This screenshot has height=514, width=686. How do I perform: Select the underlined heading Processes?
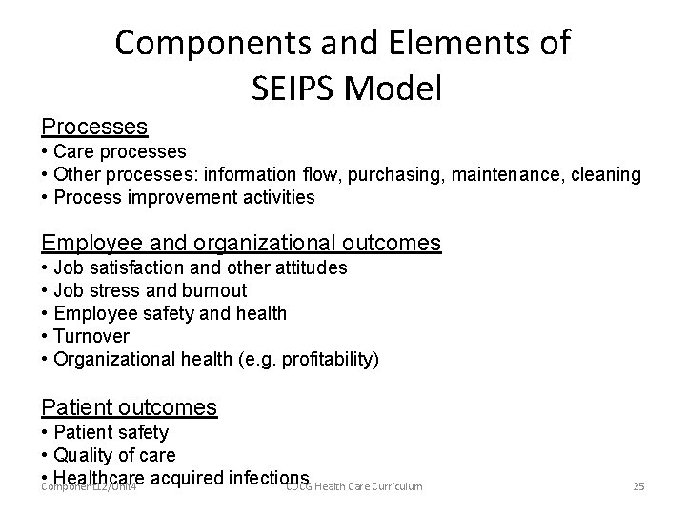[94, 126]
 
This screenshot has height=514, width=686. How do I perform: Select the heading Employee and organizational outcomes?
[241, 243]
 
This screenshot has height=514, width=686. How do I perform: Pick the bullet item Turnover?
[91, 336]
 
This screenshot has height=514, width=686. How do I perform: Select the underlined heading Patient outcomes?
[130, 407]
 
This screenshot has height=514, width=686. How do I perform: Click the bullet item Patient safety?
[111, 432]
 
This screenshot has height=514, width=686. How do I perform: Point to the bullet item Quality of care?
[114, 455]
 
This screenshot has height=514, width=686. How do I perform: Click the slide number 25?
[638, 487]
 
